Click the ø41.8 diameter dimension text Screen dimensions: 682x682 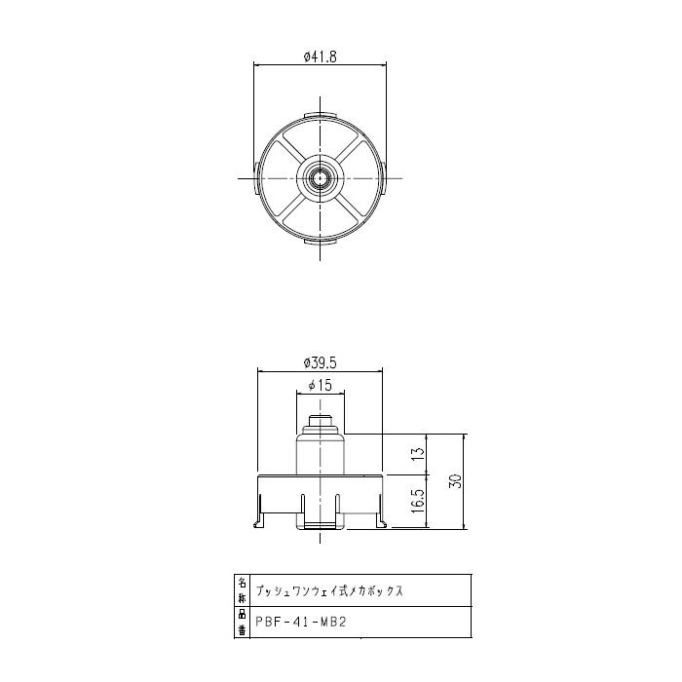point(321,57)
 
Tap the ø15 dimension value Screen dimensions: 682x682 point(321,386)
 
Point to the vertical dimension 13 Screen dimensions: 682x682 point(417,454)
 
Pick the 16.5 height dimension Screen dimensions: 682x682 point(417,503)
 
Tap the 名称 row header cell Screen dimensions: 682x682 point(243,590)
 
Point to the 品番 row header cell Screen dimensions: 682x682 point(243,621)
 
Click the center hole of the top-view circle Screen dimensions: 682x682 point(321,177)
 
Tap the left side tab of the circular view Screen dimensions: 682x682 point(256,177)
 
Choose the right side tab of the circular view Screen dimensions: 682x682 point(385,177)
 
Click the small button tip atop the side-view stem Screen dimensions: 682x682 point(321,423)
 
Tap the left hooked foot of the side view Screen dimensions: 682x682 point(260,518)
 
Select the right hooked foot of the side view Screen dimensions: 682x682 point(381,518)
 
